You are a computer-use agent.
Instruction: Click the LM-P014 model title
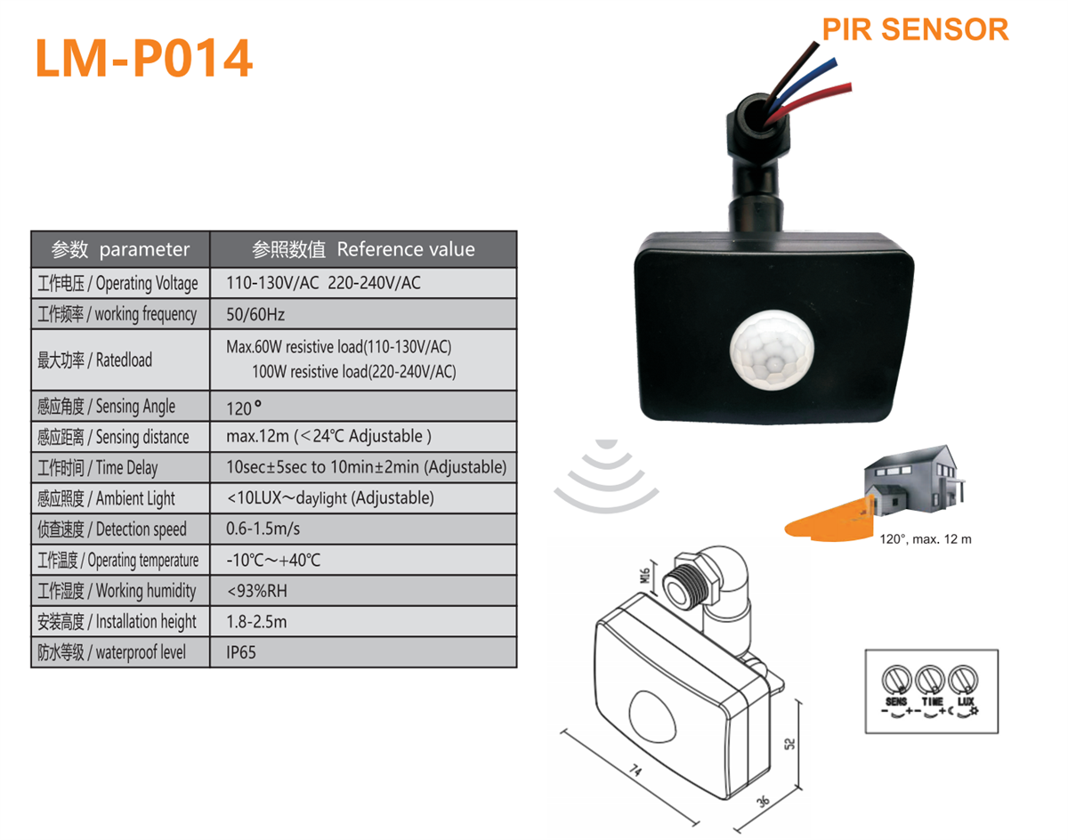(143, 59)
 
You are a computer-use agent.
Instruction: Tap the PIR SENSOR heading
(914, 28)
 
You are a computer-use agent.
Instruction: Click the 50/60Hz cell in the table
(256, 314)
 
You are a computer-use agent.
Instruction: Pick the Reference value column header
(363, 249)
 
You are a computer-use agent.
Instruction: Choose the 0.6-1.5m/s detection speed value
(263, 529)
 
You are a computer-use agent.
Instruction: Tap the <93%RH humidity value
(257, 591)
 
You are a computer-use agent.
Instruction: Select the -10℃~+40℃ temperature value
(273, 560)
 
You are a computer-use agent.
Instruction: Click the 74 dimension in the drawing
(636, 770)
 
